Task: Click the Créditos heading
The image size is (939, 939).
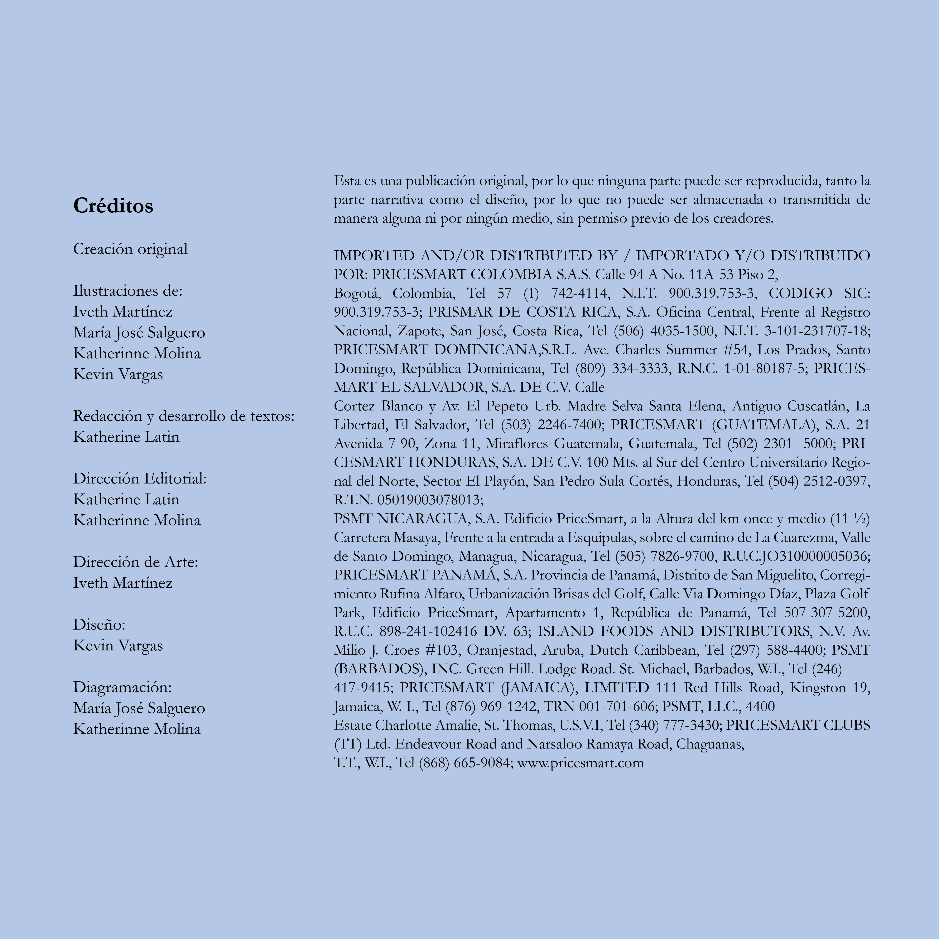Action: click(x=113, y=206)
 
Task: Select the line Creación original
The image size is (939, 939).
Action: click(x=130, y=249)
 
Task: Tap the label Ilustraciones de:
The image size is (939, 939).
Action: click(x=127, y=291)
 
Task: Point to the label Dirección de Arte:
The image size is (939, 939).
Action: click(x=136, y=562)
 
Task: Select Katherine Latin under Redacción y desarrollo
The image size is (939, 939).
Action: click(x=126, y=437)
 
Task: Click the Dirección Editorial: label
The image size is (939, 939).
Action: click(x=140, y=479)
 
